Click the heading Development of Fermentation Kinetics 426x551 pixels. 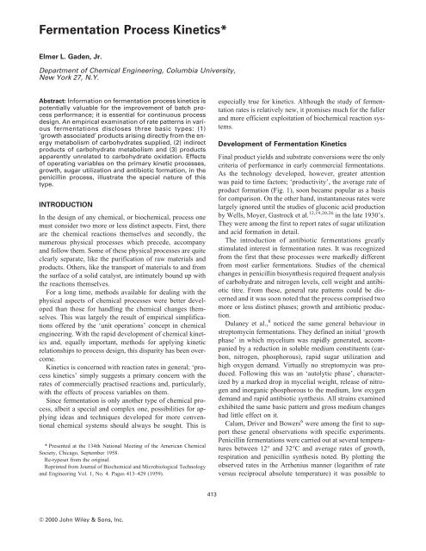click(x=293, y=140)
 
